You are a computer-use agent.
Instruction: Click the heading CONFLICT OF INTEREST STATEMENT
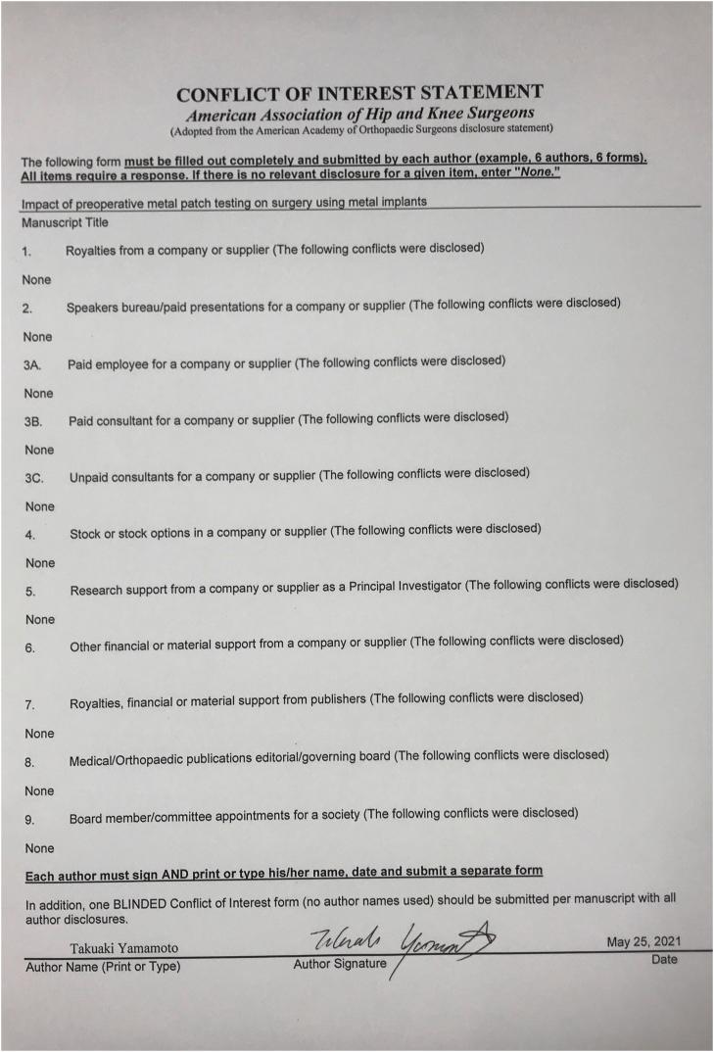359,94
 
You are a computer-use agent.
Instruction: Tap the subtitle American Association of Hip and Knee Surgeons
359,114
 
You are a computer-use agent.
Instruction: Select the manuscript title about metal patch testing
223,203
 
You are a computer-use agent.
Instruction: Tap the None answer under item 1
36,279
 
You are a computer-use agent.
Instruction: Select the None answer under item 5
40,619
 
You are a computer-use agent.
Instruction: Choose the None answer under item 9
40,847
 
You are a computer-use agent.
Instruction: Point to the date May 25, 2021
643,942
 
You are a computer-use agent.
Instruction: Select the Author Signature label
339,965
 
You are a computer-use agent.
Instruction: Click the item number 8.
30,761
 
